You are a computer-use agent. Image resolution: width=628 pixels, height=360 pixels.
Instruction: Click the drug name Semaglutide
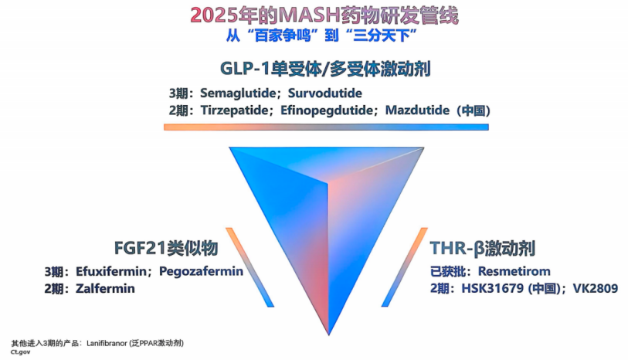[x=238, y=93]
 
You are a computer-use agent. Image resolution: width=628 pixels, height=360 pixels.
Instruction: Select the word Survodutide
[x=324, y=93]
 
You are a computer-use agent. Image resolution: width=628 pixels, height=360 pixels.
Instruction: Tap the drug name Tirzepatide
[x=234, y=110]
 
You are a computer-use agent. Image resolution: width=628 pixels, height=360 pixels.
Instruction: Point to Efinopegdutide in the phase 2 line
[x=327, y=110]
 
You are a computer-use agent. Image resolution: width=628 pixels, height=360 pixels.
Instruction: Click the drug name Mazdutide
[x=417, y=110]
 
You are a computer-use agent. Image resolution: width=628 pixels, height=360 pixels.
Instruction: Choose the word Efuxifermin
[x=111, y=271]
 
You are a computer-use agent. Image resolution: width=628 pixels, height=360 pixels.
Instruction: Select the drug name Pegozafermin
[x=201, y=271]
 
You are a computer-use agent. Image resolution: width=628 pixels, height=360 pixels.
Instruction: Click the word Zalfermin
[x=105, y=289]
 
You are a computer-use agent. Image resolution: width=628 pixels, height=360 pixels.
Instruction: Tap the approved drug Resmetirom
[x=514, y=271]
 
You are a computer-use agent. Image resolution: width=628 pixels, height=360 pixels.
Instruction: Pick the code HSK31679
[x=493, y=288]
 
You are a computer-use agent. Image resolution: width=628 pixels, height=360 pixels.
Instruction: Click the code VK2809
[x=596, y=288]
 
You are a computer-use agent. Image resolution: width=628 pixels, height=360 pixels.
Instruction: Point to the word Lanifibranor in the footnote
[x=107, y=343]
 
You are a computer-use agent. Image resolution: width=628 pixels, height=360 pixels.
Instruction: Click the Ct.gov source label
[x=20, y=352]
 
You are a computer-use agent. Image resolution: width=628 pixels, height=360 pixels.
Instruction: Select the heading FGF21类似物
[x=166, y=248]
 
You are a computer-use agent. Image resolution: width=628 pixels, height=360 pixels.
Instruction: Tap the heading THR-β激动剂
[x=483, y=248]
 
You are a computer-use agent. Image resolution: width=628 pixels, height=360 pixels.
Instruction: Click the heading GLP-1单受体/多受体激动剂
[x=325, y=69]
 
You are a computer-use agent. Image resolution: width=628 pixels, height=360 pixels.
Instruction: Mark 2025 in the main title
[x=214, y=15]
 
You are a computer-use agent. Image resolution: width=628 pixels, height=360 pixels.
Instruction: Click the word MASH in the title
[x=309, y=15]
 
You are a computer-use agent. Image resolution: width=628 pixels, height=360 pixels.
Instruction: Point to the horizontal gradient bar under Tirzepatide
[x=326, y=127]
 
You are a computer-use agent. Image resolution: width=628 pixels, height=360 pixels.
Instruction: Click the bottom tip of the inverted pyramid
[x=329, y=335]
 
